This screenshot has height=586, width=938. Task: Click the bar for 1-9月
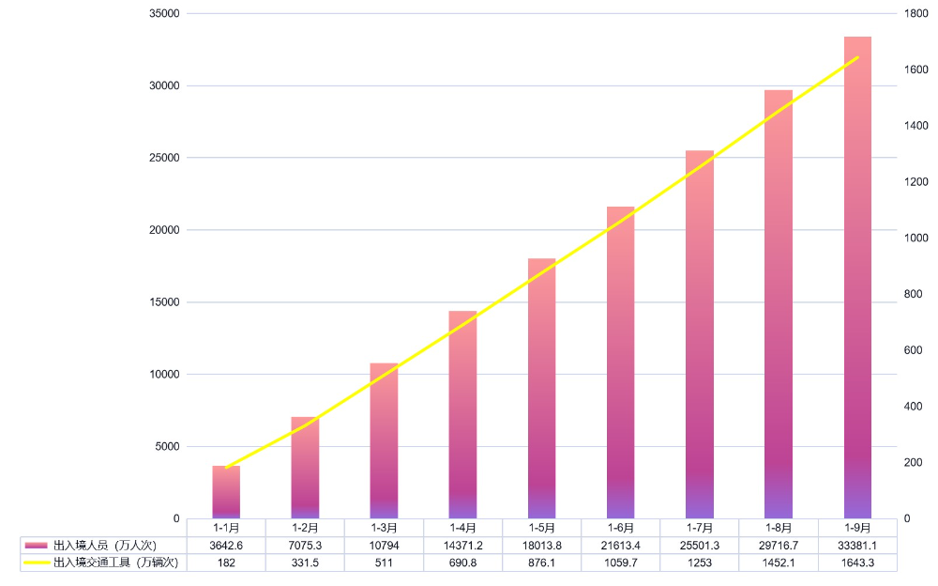tap(857, 277)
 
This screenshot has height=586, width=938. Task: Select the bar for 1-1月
tap(226, 492)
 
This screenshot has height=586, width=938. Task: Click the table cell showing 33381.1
tap(857, 545)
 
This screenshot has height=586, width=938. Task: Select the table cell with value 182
tap(226, 563)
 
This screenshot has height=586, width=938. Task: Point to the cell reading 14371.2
tap(462, 545)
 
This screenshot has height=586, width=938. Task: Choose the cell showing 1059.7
tap(620, 563)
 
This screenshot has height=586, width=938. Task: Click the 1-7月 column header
tap(700, 528)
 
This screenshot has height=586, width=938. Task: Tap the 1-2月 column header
tap(305, 528)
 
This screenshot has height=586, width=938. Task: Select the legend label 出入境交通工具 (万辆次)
tap(117, 563)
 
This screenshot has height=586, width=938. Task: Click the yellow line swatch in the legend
tap(37, 563)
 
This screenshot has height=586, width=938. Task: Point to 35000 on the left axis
tap(164, 14)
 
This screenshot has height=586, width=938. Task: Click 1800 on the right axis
tap(916, 14)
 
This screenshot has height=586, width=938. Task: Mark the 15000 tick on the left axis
tap(164, 302)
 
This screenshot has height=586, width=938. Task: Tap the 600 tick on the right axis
tap(914, 350)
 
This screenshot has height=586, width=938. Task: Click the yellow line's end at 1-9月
tap(857, 57)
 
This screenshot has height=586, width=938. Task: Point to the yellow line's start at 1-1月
tap(226, 468)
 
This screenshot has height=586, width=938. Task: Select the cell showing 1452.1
tap(779, 563)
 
